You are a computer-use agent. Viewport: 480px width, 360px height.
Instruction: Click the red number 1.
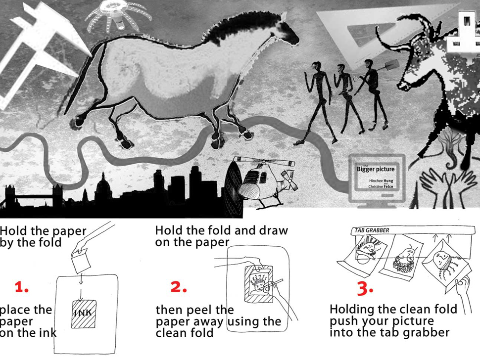[21, 287]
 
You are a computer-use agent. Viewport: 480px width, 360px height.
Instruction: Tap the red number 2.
[179, 287]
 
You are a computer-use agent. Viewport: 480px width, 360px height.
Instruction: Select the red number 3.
[365, 288]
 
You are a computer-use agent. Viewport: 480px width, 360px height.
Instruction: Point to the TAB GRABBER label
[372, 230]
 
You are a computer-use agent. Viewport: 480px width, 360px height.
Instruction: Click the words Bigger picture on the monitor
[376, 169]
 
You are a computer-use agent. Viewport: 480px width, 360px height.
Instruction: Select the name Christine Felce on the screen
[381, 186]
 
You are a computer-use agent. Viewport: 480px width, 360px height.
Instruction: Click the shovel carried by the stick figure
[389, 65]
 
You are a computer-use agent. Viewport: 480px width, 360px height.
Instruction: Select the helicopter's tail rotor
[288, 180]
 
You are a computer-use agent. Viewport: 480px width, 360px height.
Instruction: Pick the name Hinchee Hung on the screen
[381, 181]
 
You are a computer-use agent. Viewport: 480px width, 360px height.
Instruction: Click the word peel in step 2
[194, 310]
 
